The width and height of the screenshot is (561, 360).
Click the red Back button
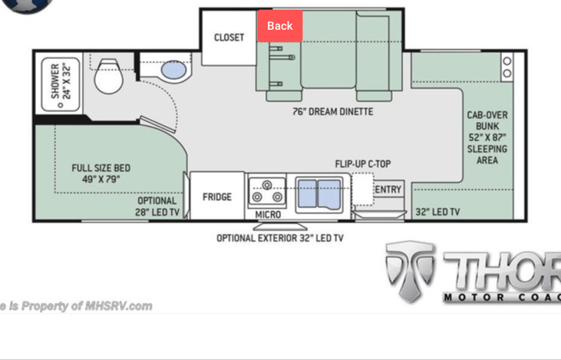(280, 26)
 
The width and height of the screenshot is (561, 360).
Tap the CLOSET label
(229, 38)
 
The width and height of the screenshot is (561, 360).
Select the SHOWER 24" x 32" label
(60, 81)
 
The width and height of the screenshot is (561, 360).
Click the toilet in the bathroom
(107, 75)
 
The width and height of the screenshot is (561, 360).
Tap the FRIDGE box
(217, 197)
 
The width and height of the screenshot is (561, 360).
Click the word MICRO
(268, 215)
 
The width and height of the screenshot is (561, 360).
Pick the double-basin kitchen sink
(320, 192)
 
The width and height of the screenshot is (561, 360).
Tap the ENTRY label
(388, 190)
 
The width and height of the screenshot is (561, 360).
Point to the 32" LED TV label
(437, 212)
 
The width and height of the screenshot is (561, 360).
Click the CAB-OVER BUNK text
(487, 137)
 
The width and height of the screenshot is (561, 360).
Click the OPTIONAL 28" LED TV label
(157, 206)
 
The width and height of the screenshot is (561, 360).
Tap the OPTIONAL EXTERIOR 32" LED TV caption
(280, 238)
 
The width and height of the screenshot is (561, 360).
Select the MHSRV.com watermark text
(76, 306)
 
